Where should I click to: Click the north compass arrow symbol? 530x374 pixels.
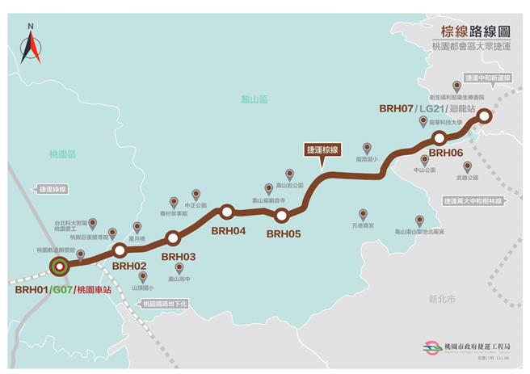pos(31,46)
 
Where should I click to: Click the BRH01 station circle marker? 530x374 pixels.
pos(59,266)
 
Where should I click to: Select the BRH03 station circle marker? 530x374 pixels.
pos(172,238)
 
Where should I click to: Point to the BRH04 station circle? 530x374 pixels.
pos(227,212)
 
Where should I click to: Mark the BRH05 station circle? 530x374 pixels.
pos(282,216)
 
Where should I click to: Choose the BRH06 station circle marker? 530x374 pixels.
pos(440,138)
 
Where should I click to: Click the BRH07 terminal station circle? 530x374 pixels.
pos(484,116)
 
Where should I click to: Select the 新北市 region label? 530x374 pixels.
pos(442,299)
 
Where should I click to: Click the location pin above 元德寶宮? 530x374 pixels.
pos(363,215)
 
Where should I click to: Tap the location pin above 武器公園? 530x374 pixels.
pos(467,166)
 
